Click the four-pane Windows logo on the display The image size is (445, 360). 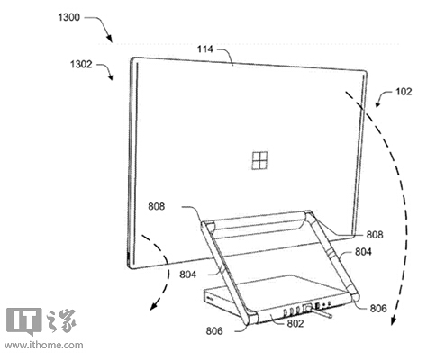click(259, 161)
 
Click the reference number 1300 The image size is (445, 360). click(69, 17)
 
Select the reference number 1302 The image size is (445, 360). click(81, 65)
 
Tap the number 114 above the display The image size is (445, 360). click(205, 49)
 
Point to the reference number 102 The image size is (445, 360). click(404, 92)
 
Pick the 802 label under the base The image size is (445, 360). click(295, 323)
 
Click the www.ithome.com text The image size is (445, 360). click(44, 345)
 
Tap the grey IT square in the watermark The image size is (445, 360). click(23, 320)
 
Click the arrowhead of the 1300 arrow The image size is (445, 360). click(110, 39)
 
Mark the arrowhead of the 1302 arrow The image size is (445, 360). click(111, 77)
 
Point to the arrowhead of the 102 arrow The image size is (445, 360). click(377, 103)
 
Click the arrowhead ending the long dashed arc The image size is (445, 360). click(394, 321)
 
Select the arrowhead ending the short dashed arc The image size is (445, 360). click(154, 306)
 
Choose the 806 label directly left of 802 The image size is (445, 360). click(214, 331)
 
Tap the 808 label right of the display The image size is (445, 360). click(375, 235)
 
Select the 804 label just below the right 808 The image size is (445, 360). click(363, 251)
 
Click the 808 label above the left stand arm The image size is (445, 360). click(157, 206)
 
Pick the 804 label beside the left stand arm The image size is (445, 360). click(188, 274)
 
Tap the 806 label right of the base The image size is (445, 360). click(378, 308)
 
